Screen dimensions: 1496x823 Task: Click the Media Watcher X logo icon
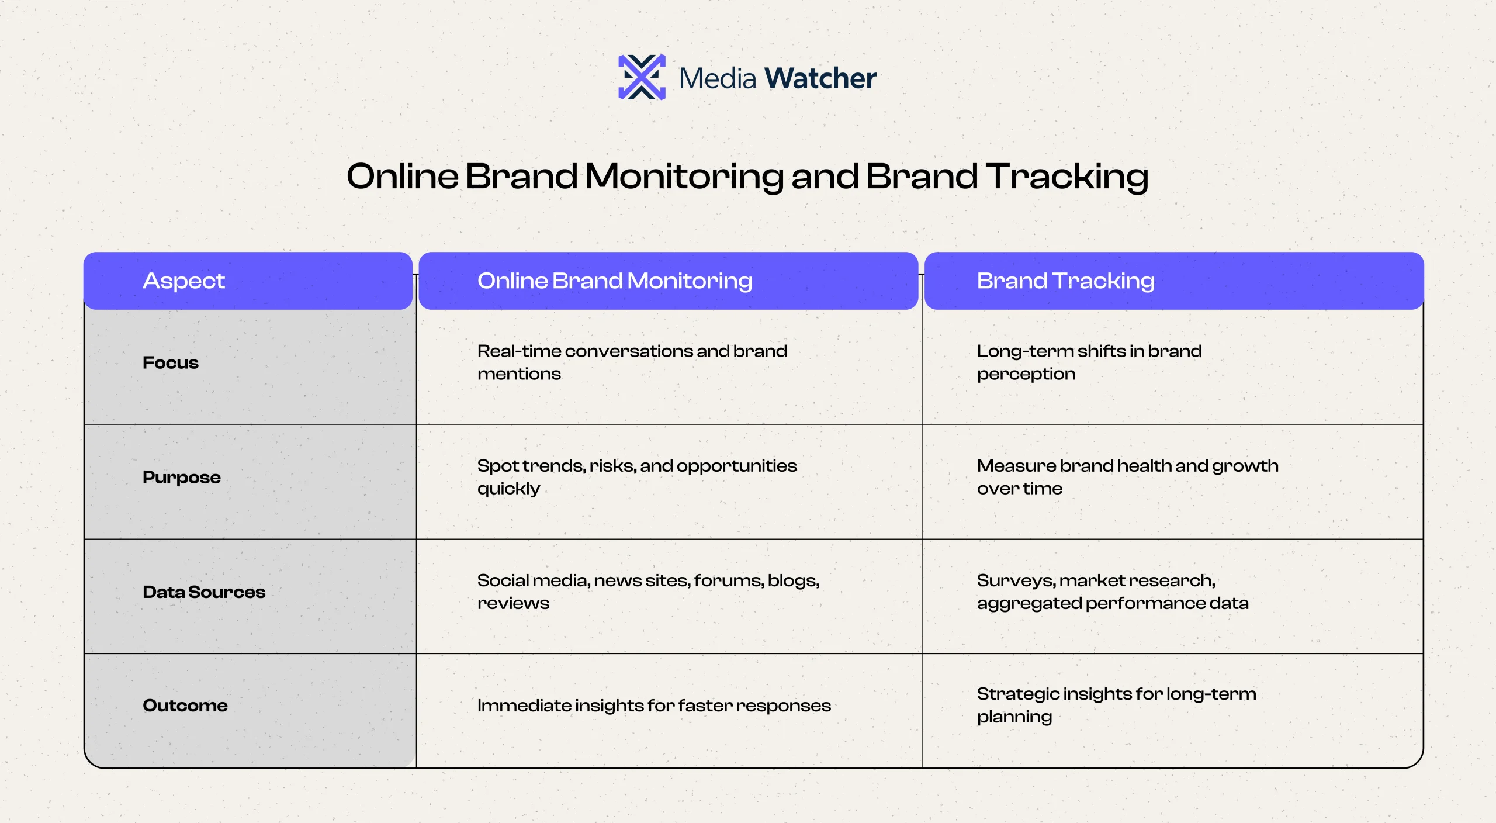tap(642, 77)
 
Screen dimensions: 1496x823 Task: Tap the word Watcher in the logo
tap(820, 78)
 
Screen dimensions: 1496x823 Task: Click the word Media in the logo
tap(718, 78)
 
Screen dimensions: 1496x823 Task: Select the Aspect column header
tap(248, 281)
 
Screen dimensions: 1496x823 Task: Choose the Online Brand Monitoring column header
tap(669, 281)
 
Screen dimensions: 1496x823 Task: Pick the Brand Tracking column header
tap(1174, 281)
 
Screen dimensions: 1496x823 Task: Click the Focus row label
tap(171, 362)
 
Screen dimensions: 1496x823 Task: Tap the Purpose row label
tap(182, 478)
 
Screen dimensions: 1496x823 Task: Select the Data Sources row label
tap(204, 592)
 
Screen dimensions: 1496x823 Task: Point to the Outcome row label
tap(185, 706)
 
